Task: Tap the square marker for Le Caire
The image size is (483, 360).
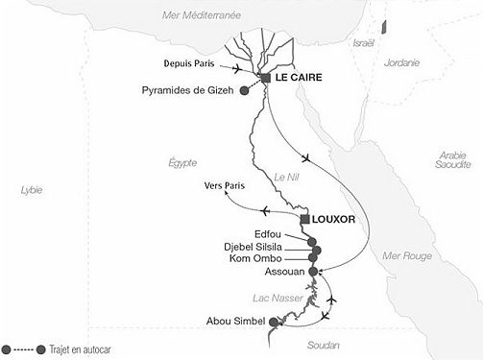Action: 265,78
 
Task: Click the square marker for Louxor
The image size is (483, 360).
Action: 304,220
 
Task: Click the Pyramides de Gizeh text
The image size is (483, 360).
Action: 192,91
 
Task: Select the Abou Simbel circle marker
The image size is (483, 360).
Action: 276,322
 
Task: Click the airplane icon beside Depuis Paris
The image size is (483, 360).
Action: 237,66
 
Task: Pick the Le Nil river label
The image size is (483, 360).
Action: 286,176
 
